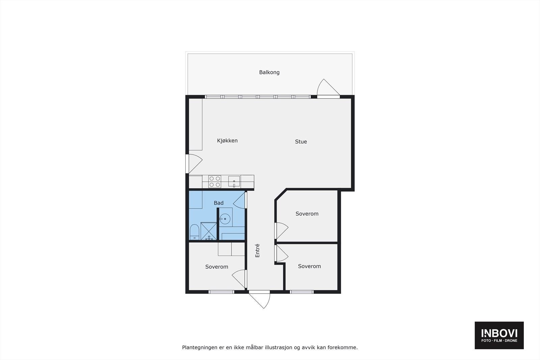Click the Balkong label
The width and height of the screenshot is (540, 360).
(x=269, y=72)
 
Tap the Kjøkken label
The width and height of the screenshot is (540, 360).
(x=227, y=141)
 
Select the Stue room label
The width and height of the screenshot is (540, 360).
(x=301, y=142)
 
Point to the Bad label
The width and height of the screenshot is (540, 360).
(x=219, y=203)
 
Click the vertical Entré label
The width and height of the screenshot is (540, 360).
(x=258, y=251)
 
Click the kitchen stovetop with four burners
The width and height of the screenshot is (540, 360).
(x=215, y=182)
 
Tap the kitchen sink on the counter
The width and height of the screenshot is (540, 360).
(x=234, y=181)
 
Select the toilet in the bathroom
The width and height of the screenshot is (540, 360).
(x=194, y=232)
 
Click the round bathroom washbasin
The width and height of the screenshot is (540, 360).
(x=225, y=219)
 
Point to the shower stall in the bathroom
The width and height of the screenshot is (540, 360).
(x=209, y=231)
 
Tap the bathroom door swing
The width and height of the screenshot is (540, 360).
(x=240, y=201)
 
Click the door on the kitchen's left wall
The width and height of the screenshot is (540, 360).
(x=194, y=164)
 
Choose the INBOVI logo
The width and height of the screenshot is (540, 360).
(x=499, y=335)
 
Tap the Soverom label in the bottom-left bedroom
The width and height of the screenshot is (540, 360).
(x=217, y=267)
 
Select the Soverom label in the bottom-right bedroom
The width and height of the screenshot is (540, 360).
(x=309, y=266)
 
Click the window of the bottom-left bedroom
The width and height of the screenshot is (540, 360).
(x=221, y=292)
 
